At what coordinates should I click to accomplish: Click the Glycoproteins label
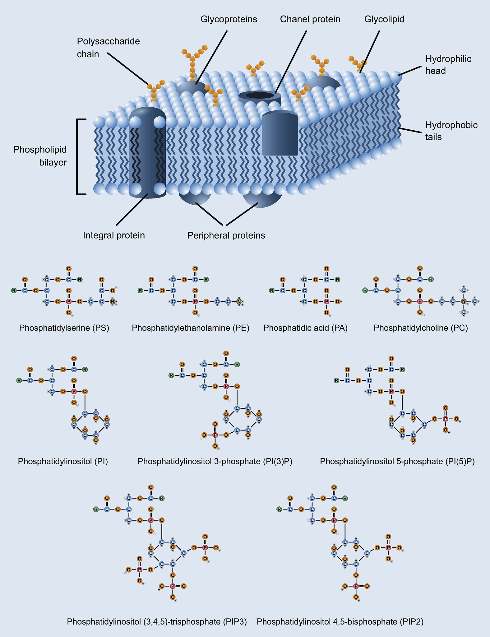[229, 19]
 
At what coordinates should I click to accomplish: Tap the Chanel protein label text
[310, 19]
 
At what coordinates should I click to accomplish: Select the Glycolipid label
[384, 19]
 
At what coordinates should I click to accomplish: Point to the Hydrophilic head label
[448, 65]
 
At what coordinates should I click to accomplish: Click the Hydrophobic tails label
[451, 131]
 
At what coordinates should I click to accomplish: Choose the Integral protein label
[114, 235]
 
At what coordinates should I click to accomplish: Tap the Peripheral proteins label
[226, 235]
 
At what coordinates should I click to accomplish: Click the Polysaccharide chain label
[108, 48]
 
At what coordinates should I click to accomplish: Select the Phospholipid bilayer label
[40, 156]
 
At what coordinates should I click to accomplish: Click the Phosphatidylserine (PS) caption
[64, 328]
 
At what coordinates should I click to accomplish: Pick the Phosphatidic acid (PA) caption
[305, 328]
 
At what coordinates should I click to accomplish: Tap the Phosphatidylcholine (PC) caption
[421, 328]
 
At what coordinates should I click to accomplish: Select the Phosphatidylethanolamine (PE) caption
[191, 328]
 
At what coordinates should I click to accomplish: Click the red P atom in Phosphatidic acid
[326, 301]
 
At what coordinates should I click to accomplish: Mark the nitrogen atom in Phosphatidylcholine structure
[464, 301]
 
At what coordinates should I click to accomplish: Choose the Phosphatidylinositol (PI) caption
[63, 461]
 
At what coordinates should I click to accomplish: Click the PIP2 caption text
[340, 622]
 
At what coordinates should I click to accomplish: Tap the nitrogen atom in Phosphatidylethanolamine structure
[239, 301]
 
